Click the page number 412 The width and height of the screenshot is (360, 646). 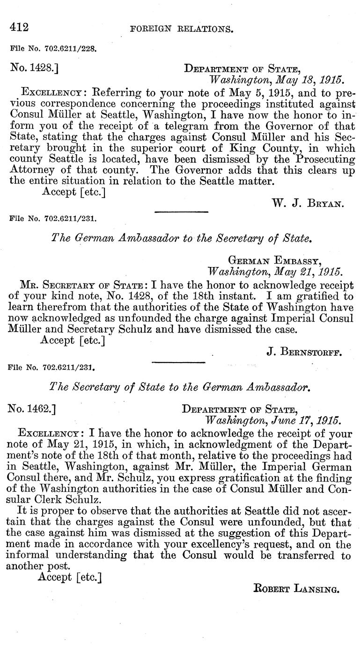tap(19, 27)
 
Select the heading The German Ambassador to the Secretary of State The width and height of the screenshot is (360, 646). tap(181, 238)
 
